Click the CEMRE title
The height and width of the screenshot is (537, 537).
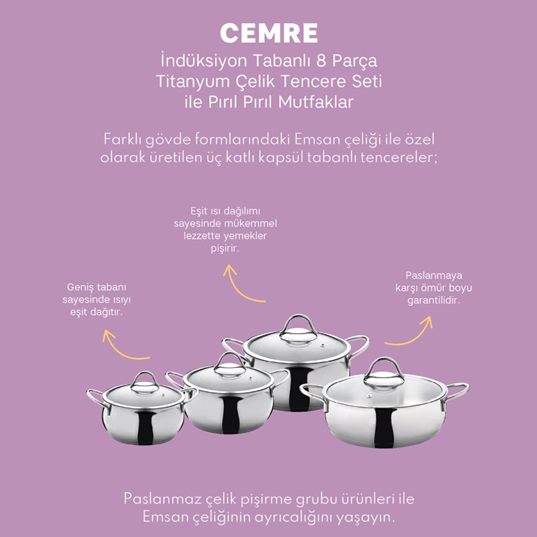pos(269,33)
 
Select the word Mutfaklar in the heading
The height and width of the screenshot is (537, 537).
pos(316,102)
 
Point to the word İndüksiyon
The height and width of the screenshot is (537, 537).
pos(204,61)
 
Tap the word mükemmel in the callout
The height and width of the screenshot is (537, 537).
pos(250,224)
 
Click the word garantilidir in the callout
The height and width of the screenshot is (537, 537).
pos(434,301)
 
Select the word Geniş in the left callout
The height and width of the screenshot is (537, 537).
pos(78,288)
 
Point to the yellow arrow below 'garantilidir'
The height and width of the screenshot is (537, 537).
pos(411,333)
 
